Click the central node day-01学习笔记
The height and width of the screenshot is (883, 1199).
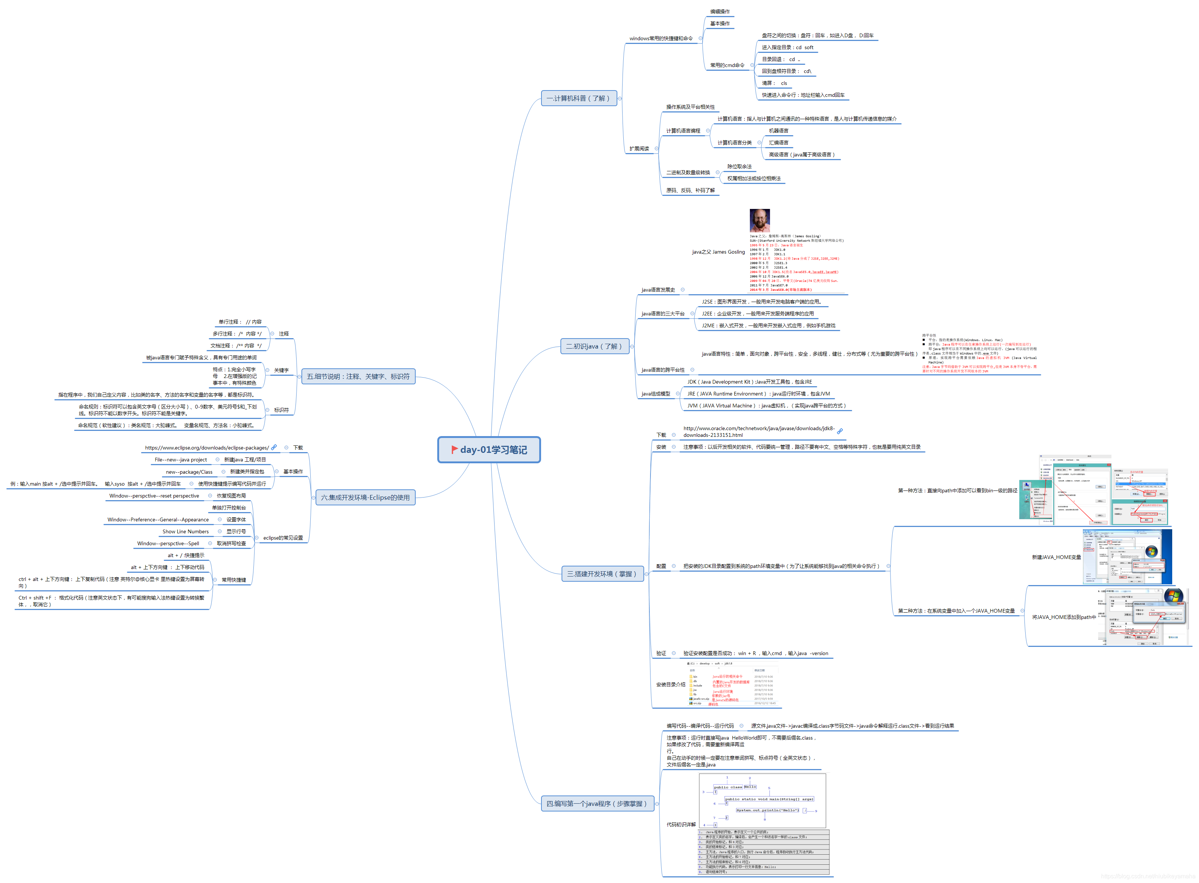click(x=489, y=450)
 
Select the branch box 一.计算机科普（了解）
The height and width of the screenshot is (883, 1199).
click(x=578, y=98)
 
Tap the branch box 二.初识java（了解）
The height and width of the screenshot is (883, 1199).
click(x=594, y=346)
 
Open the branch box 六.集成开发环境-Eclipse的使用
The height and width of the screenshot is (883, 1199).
click(x=365, y=498)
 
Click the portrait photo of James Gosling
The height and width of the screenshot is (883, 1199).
click(x=760, y=220)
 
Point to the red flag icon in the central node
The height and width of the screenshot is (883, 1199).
click(x=454, y=450)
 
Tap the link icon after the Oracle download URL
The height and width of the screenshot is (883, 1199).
click(x=840, y=431)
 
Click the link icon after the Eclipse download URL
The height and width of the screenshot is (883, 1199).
click(x=274, y=447)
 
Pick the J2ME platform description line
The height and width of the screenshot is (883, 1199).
click(x=768, y=325)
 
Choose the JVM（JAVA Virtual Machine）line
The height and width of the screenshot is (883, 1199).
click(x=766, y=406)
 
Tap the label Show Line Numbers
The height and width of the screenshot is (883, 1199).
click(x=185, y=532)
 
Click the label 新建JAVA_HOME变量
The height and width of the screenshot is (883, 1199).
click(x=1056, y=558)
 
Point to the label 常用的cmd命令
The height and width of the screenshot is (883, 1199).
click(x=727, y=65)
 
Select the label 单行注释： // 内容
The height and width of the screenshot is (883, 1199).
click(x=240, y=322)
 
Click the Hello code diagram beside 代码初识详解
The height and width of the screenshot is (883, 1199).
click(x=762, y=801)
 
